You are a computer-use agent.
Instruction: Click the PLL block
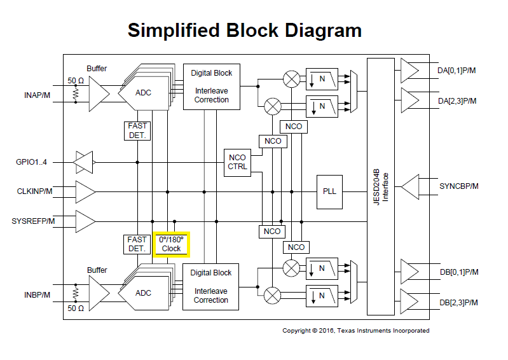pos(329,191)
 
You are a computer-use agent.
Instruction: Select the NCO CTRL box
pos(237,162)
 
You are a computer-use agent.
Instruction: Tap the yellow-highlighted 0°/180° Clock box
pos(171,244)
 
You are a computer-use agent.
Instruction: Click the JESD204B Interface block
pos(380,186)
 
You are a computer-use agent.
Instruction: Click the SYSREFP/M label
pos(33,221)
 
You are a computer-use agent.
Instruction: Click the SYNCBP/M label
pos(458,186)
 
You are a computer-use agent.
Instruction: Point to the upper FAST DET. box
pos(137,130)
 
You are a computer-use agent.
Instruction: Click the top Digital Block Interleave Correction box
pos(212,86)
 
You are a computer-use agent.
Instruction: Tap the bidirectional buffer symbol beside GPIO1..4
pos(85,162)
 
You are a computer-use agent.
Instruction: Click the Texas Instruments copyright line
pos(355,331)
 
